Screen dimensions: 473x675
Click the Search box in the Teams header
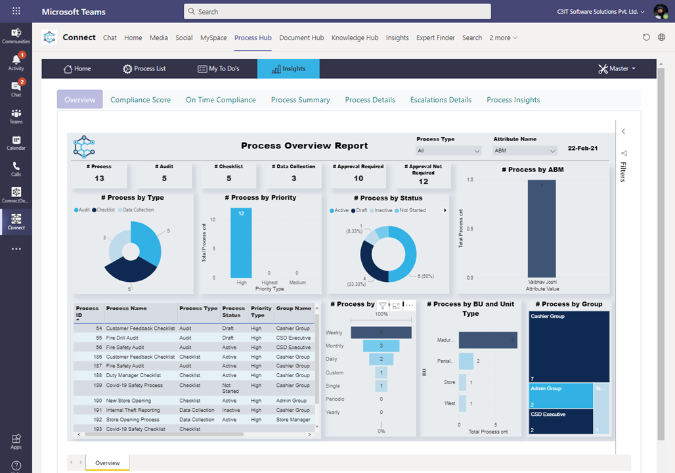pyautogui.click(x=337, y=11)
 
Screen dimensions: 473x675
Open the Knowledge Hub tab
pyautogui.click(x=355, y=37)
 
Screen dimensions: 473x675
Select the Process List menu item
pyautogui.click(x=144, y=69)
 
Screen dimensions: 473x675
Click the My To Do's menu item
pyautogui.click(x=219, y=69)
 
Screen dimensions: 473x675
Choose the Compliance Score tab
pyautogui.click(x=141, y=100)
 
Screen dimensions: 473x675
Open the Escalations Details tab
pyautogui.click(x=441, y=100)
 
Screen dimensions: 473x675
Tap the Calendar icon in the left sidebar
pyautogui.click(x=16, y=143)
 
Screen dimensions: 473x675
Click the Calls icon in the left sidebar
pyautogui.click(x=16, y=169)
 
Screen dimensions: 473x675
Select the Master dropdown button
pyautogui.click(x=617, y=69)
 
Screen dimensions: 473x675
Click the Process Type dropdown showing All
pyautogui.click(x=449, y=150)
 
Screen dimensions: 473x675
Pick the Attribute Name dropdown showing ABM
pyautogui.click(x=525, y=150)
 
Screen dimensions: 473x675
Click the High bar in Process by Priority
pyautogui.click(x=241, y=243)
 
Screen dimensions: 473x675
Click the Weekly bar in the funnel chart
pyautogui.click(x=381, y=332)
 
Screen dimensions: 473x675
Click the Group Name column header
pyautogui.click(x=294, y=308)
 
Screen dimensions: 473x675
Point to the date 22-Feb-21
pyautogui.click(x=582, y=148)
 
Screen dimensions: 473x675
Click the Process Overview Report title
pyautogui.click(x=304, y=146)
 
